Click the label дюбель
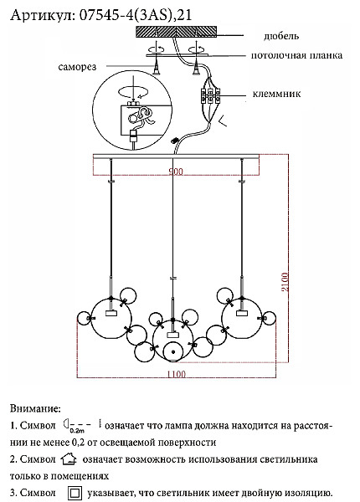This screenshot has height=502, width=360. click(281, 36)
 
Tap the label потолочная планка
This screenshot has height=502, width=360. click(296, 55)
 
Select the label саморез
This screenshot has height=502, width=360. click(77, 67)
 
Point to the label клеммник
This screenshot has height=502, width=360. click(276, 94)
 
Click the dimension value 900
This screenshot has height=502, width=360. click(176, 172)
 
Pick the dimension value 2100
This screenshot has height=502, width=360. click(285, 282)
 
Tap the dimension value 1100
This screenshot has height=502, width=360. click(177, 374)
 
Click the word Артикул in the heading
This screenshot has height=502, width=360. click(43, 15)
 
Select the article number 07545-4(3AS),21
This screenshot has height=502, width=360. click(136, 15)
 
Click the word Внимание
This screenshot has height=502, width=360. click(35, 408)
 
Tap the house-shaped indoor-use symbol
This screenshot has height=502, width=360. click(69, 459)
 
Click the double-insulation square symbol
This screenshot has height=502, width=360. click(75, 493)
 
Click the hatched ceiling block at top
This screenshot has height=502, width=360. click(176, 32)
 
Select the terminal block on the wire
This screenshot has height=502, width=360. click(210, 95)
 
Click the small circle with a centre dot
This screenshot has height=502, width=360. click(173, 352)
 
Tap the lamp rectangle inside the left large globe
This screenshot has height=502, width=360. click(111, 313)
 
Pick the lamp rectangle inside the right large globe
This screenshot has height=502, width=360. click(242, 313)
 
